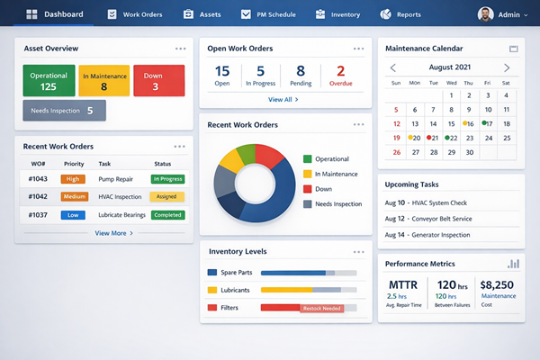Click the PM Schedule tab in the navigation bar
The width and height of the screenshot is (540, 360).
point(271,14)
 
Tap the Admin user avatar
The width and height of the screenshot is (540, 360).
point(484,14)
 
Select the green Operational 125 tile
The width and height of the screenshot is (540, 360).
point(49,81)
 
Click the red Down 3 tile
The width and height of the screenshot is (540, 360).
point(158,81)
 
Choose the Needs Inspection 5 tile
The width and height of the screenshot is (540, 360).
point(64,111)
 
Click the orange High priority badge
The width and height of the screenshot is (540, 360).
point(73,179)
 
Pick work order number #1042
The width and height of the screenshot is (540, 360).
point(38,196)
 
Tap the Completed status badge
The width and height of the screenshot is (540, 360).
point(167,215)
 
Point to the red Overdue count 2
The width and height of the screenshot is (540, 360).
point(340,71)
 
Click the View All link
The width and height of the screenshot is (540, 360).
point(283,100)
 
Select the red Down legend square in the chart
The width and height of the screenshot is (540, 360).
point(307,189)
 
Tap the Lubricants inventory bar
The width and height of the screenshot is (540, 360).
point(301,290)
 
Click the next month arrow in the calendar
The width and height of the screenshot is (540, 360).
point(507,67)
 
